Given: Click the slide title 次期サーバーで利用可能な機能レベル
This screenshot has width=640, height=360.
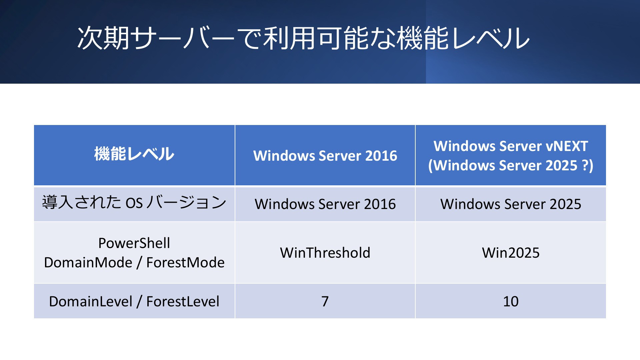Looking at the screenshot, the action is [x=303, y=38].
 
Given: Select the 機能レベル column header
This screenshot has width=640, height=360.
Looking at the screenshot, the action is [x=134, y=154].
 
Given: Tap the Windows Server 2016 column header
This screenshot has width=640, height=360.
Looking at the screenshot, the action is [x=325, y=156].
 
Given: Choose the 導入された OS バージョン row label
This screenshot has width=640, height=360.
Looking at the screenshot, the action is [x=134, y=202].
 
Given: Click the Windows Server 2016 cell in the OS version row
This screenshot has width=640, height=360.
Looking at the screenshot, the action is [x=325, y=204].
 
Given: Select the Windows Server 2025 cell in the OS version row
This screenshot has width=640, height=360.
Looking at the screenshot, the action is [x=511, y=204].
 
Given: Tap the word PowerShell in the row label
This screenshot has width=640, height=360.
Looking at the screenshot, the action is [x=134, y=243].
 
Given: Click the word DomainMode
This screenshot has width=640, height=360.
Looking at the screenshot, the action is [x=88, y=262].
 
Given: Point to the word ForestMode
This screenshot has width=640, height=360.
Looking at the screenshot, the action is [x=185, y=262].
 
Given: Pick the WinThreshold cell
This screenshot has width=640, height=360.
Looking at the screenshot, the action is [x=325, y=253].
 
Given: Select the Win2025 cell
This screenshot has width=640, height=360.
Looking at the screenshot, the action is [x=511, y=253].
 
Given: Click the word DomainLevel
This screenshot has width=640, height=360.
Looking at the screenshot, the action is [x=91, y=301].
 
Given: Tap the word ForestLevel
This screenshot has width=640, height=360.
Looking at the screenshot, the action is [x=183, y=301].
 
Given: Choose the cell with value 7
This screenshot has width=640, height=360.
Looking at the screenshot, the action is [x=325, y=301].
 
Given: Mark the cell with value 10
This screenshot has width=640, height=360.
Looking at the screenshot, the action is [x=511, y=301].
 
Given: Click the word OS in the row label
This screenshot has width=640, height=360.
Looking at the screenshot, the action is [x=134, y=203].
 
